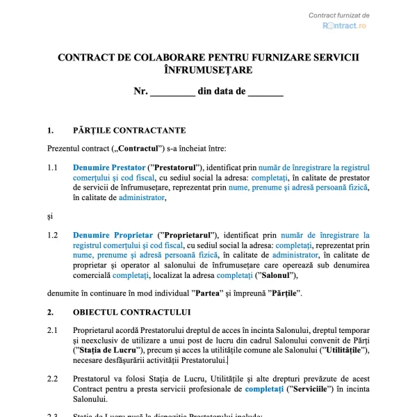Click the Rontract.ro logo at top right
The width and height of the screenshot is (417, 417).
(344, 26)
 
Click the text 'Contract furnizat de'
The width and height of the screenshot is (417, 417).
(339, 15)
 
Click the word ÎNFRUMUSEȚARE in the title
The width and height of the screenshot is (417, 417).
(208, 70)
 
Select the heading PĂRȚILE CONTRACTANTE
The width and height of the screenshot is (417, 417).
(129, 130)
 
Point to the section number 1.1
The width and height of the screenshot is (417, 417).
(53, 167)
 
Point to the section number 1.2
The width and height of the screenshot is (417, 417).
(53, 236)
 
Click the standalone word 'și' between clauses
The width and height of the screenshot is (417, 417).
(50, 216)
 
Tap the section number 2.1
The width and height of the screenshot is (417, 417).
(53, 329)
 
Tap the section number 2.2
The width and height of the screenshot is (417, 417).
(53, 379)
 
